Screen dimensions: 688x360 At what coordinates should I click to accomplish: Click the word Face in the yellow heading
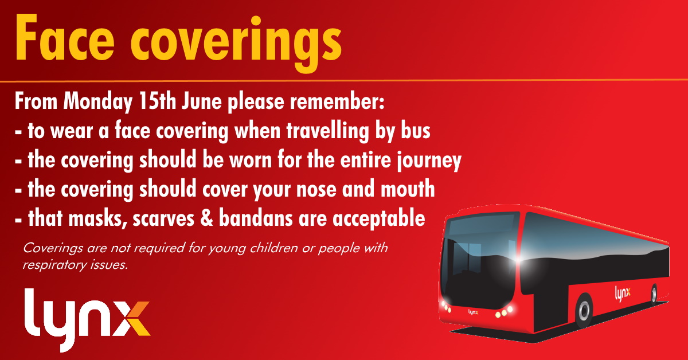[64, 37]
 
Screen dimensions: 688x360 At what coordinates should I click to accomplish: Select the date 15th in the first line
[157, 101]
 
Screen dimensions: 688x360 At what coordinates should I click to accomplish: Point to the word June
[201, 101]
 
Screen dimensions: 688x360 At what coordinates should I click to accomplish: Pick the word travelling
[328, 131]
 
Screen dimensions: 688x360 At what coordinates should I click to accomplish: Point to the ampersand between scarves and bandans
[206, 218]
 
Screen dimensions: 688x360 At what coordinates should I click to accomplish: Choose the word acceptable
[379, 219]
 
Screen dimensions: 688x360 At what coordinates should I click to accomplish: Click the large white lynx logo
[87, 320]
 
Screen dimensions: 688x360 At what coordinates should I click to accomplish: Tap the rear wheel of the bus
[654, 294]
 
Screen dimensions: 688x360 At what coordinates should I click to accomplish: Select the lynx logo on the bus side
[623, 294]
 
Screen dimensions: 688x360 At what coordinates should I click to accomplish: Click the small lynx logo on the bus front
[473, 312]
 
